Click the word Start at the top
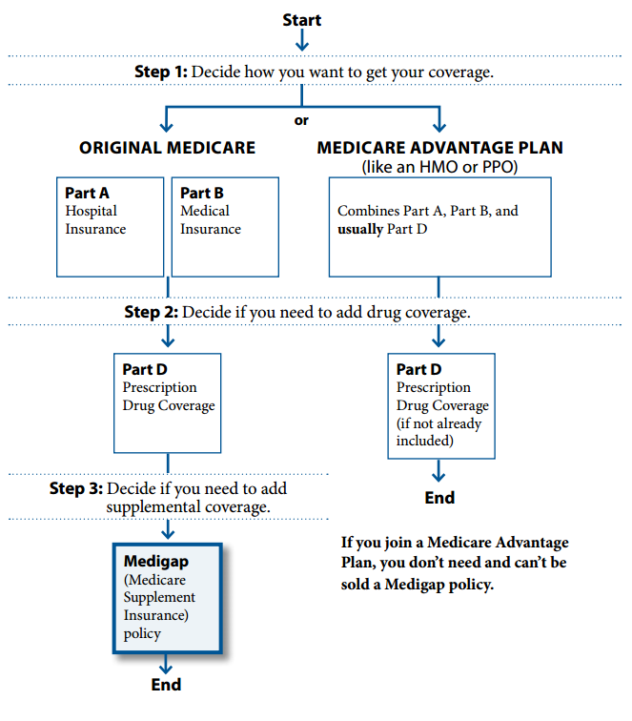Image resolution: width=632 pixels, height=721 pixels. (x=301, y=20)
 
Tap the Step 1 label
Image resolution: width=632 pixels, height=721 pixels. (x=161, y=72)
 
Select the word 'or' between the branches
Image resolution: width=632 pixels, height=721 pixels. (x=301, y=120)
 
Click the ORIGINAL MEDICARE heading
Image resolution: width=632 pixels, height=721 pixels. (x=167, y=148)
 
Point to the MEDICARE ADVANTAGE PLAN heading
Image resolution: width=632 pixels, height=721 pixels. (x=439, y=148)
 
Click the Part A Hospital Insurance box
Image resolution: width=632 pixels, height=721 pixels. (x=111, y=225)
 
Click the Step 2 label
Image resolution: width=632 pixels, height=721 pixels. (x=151, y=312)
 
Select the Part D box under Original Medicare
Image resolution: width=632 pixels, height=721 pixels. (x=167, y=402)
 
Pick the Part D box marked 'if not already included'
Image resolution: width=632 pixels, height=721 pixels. (x=441, y=405)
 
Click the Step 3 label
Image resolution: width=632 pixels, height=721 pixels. (x=76, y=488)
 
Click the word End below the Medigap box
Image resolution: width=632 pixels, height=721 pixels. (x=167, y=684)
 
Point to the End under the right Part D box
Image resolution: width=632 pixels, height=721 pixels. (x=439, y=497)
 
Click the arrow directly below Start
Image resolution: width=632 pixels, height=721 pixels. (x=301, y=41)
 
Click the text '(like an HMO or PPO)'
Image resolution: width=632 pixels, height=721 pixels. (x=438, y=166)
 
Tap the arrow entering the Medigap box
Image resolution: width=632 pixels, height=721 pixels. (x=167, y=529)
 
